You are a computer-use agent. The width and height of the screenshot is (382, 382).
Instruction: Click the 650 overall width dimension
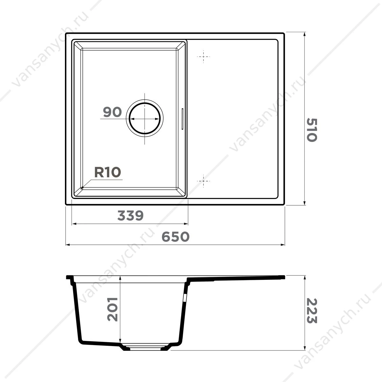(x=175, y=237)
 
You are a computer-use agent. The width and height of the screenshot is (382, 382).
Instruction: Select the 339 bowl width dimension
(x=130, y=216)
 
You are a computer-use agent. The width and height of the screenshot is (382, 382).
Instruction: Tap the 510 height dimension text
(x=312, y=130)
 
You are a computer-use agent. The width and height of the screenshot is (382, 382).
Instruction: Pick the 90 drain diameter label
(x=112, y=112)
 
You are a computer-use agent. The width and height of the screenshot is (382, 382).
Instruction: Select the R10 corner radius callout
(x=108, y=172)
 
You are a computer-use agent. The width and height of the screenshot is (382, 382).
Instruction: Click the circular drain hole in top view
(x=145, y=118)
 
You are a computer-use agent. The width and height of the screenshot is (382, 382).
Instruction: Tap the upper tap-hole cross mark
(x=203, y=57)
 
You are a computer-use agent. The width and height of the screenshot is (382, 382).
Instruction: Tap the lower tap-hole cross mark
(x=203, y=181)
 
